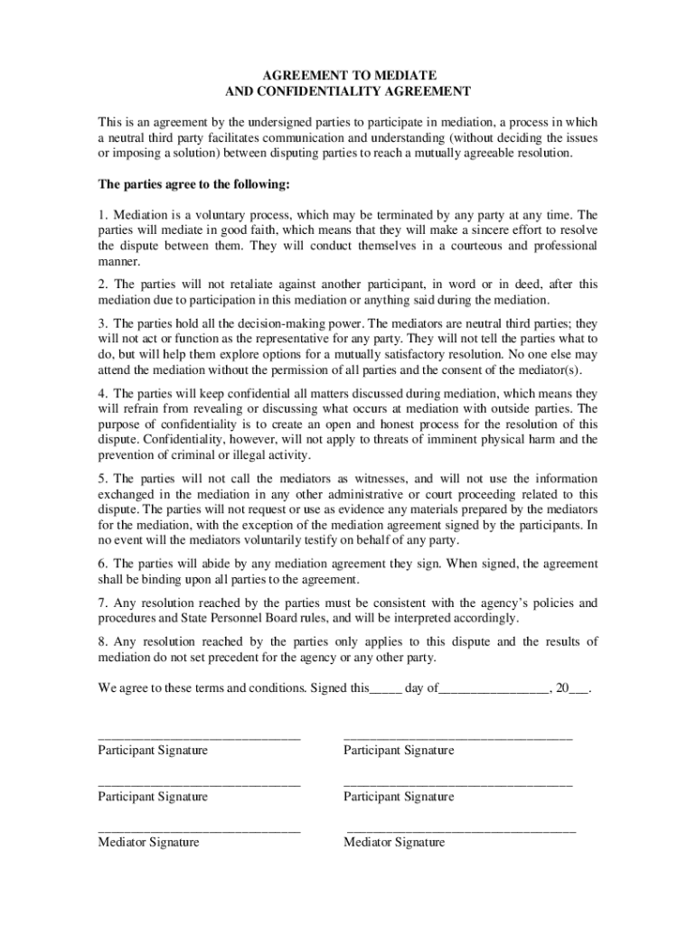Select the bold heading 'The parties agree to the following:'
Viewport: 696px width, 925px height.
tap(193, 184)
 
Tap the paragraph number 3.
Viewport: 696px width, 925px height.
tap(101, 322)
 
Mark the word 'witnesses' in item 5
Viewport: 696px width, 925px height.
tap(377, 478)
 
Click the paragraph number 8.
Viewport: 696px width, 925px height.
tap(101, 641)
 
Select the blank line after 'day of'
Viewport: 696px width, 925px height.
tap(494, 688)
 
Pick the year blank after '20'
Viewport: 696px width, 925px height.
tap(578, 688)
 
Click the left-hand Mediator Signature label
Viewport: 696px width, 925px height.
tap(148, 842)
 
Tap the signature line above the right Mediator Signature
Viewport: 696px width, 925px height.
tap(461, 828)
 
